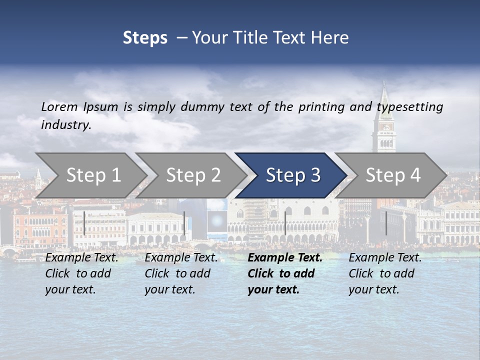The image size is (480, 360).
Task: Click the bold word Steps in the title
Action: click(145, 38)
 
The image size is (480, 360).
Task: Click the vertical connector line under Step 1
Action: click(84, 223)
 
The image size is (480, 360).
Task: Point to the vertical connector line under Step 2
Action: click(184, 223)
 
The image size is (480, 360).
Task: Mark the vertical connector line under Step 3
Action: click(285, 223)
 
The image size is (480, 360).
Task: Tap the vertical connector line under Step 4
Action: click(386, 223)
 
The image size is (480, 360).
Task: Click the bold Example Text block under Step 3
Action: click(285, 273)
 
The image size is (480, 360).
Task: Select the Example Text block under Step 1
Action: click(82, 273)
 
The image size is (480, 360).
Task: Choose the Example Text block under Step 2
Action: click(181, 273)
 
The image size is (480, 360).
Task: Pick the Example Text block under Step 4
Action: click(385, 273)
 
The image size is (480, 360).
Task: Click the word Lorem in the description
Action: click(59, 106)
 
